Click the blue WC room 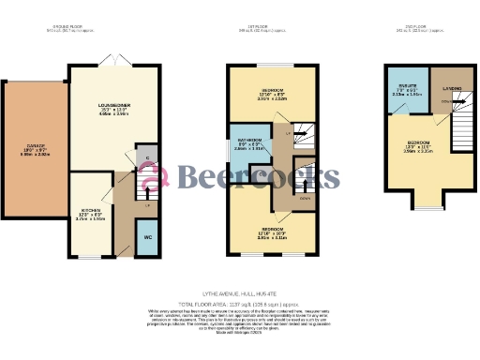pyautogui.click(x=146, y=237)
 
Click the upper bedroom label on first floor pyautogui.click(x=271, y=94)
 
